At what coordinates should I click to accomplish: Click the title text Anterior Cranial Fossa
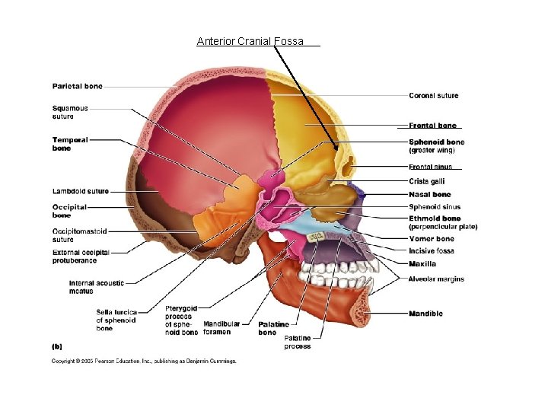point(250,41)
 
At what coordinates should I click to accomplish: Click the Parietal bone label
point(77,86)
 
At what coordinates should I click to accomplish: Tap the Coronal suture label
point(433,96)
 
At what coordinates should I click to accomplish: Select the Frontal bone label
point(432,126)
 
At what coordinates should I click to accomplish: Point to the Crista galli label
point(426,181)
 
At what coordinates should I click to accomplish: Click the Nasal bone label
point(429,195)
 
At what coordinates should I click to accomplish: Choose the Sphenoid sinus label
point(434,207)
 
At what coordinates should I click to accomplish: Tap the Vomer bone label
point(431,239)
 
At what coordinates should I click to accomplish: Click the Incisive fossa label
point(432,251)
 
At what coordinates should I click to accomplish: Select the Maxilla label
point(422,264)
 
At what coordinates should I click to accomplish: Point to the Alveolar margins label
point(435,279)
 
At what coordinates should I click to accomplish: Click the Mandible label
point(425,314)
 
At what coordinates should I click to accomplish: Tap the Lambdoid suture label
point(80,191)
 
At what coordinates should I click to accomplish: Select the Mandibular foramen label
point(221,328)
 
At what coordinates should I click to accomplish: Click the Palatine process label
point(297,342)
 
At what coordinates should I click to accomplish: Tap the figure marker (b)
point(57,346)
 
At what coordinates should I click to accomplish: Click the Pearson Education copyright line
point(144,361)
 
